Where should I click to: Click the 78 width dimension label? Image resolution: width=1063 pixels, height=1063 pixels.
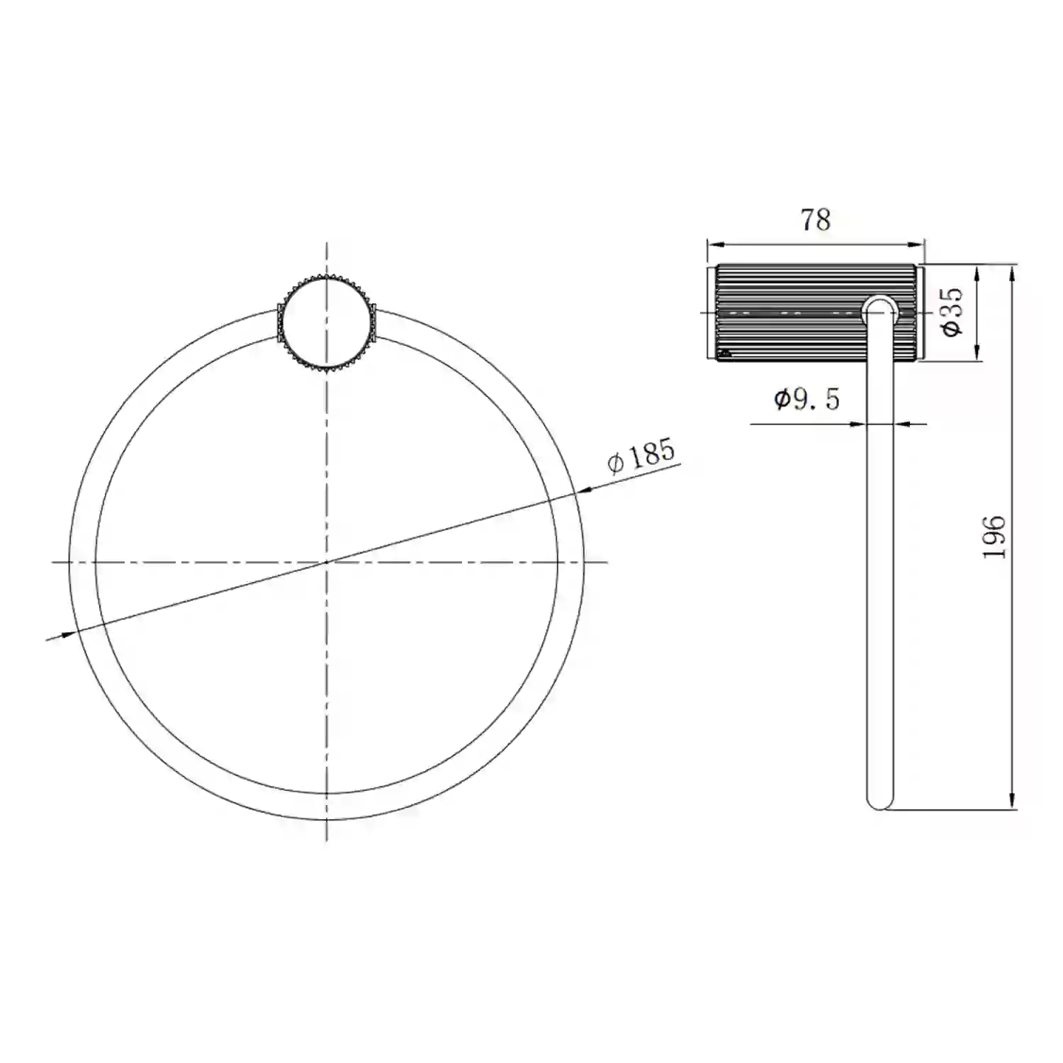pyautogui.click(x=816, y=220)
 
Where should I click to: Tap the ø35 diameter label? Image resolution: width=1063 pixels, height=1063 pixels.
pyautogui.click(x=951, y=311)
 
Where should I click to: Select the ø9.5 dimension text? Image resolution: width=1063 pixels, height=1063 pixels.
pyautogui.click(x=806, y=400)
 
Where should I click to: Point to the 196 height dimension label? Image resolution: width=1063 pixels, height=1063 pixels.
pyautogui.click(x=994, y=537)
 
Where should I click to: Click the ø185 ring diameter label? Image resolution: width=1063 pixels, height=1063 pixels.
pyautogui.click(x=641, y=455)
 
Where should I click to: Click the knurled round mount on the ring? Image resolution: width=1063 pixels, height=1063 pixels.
pyautogui.click(x=325, y=323)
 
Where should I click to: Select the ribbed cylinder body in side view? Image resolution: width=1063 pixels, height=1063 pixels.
pyautogui.click(x=816, y=312)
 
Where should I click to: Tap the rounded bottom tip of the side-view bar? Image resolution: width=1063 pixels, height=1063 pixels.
pyautogui.click(x=879, y=802)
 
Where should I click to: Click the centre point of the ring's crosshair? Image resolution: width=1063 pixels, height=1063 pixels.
pyautogui.click(x=326, y=562)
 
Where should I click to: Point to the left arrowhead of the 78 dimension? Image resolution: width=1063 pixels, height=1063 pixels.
pyautogui.click(x=715, y=245)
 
